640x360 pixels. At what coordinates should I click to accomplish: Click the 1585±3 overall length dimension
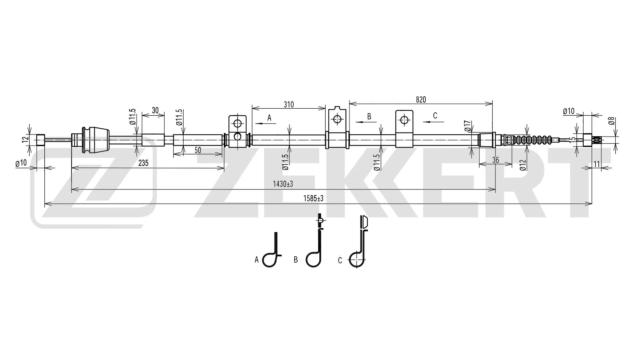coord(313,199)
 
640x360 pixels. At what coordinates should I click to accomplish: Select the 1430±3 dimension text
coord(283,184)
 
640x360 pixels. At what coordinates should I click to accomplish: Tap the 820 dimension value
coord(421,100)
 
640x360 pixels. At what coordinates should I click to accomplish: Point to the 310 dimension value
coord(289,105)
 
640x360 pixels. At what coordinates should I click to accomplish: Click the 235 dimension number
coord(143,163)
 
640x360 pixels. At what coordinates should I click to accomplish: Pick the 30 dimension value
coord(155,111)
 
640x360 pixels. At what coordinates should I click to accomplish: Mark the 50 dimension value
coord(198,150)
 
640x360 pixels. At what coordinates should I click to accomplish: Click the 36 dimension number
coord(496,160)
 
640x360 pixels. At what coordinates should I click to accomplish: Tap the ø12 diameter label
coord(523,165)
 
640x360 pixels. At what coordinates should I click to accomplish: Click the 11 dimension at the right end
coord(597,164)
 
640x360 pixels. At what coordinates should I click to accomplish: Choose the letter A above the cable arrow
coord(269,118)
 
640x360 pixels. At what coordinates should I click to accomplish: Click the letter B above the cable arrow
coord(369,116)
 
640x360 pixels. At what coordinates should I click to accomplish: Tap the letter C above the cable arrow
coord(435,116)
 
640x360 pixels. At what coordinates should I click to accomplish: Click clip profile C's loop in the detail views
coord(356,259)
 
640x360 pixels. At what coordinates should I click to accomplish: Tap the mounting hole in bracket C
coord(404,120)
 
